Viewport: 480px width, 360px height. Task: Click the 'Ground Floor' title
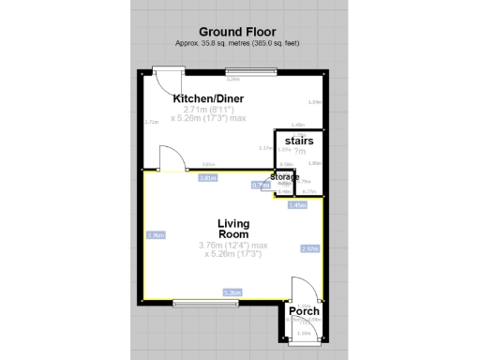tap(239, 30)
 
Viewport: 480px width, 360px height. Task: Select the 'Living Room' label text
tap(233, 228)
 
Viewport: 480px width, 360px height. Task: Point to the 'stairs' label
tap(300, 141)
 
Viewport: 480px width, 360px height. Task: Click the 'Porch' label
tap(304, 311)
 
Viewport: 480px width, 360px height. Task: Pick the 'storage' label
tap(285, 176)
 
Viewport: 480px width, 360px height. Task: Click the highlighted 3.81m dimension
tap(208, 177)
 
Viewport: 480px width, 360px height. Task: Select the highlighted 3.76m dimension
tap(157, 234)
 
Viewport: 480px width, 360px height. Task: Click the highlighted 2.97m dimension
tap(309, 248)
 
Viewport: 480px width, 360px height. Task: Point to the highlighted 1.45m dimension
tap(298, 204)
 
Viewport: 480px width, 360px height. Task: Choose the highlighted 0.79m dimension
tap(261, 186)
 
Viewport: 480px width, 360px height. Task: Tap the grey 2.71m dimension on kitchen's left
tap(151, 122)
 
